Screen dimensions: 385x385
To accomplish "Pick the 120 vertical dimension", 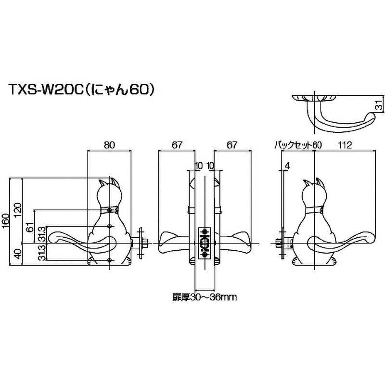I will coord(18,210).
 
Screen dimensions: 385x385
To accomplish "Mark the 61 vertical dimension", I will coord(29,227).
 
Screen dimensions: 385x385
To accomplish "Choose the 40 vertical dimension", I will coord(18,254).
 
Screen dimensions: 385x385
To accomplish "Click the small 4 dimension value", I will coord(287,167).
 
